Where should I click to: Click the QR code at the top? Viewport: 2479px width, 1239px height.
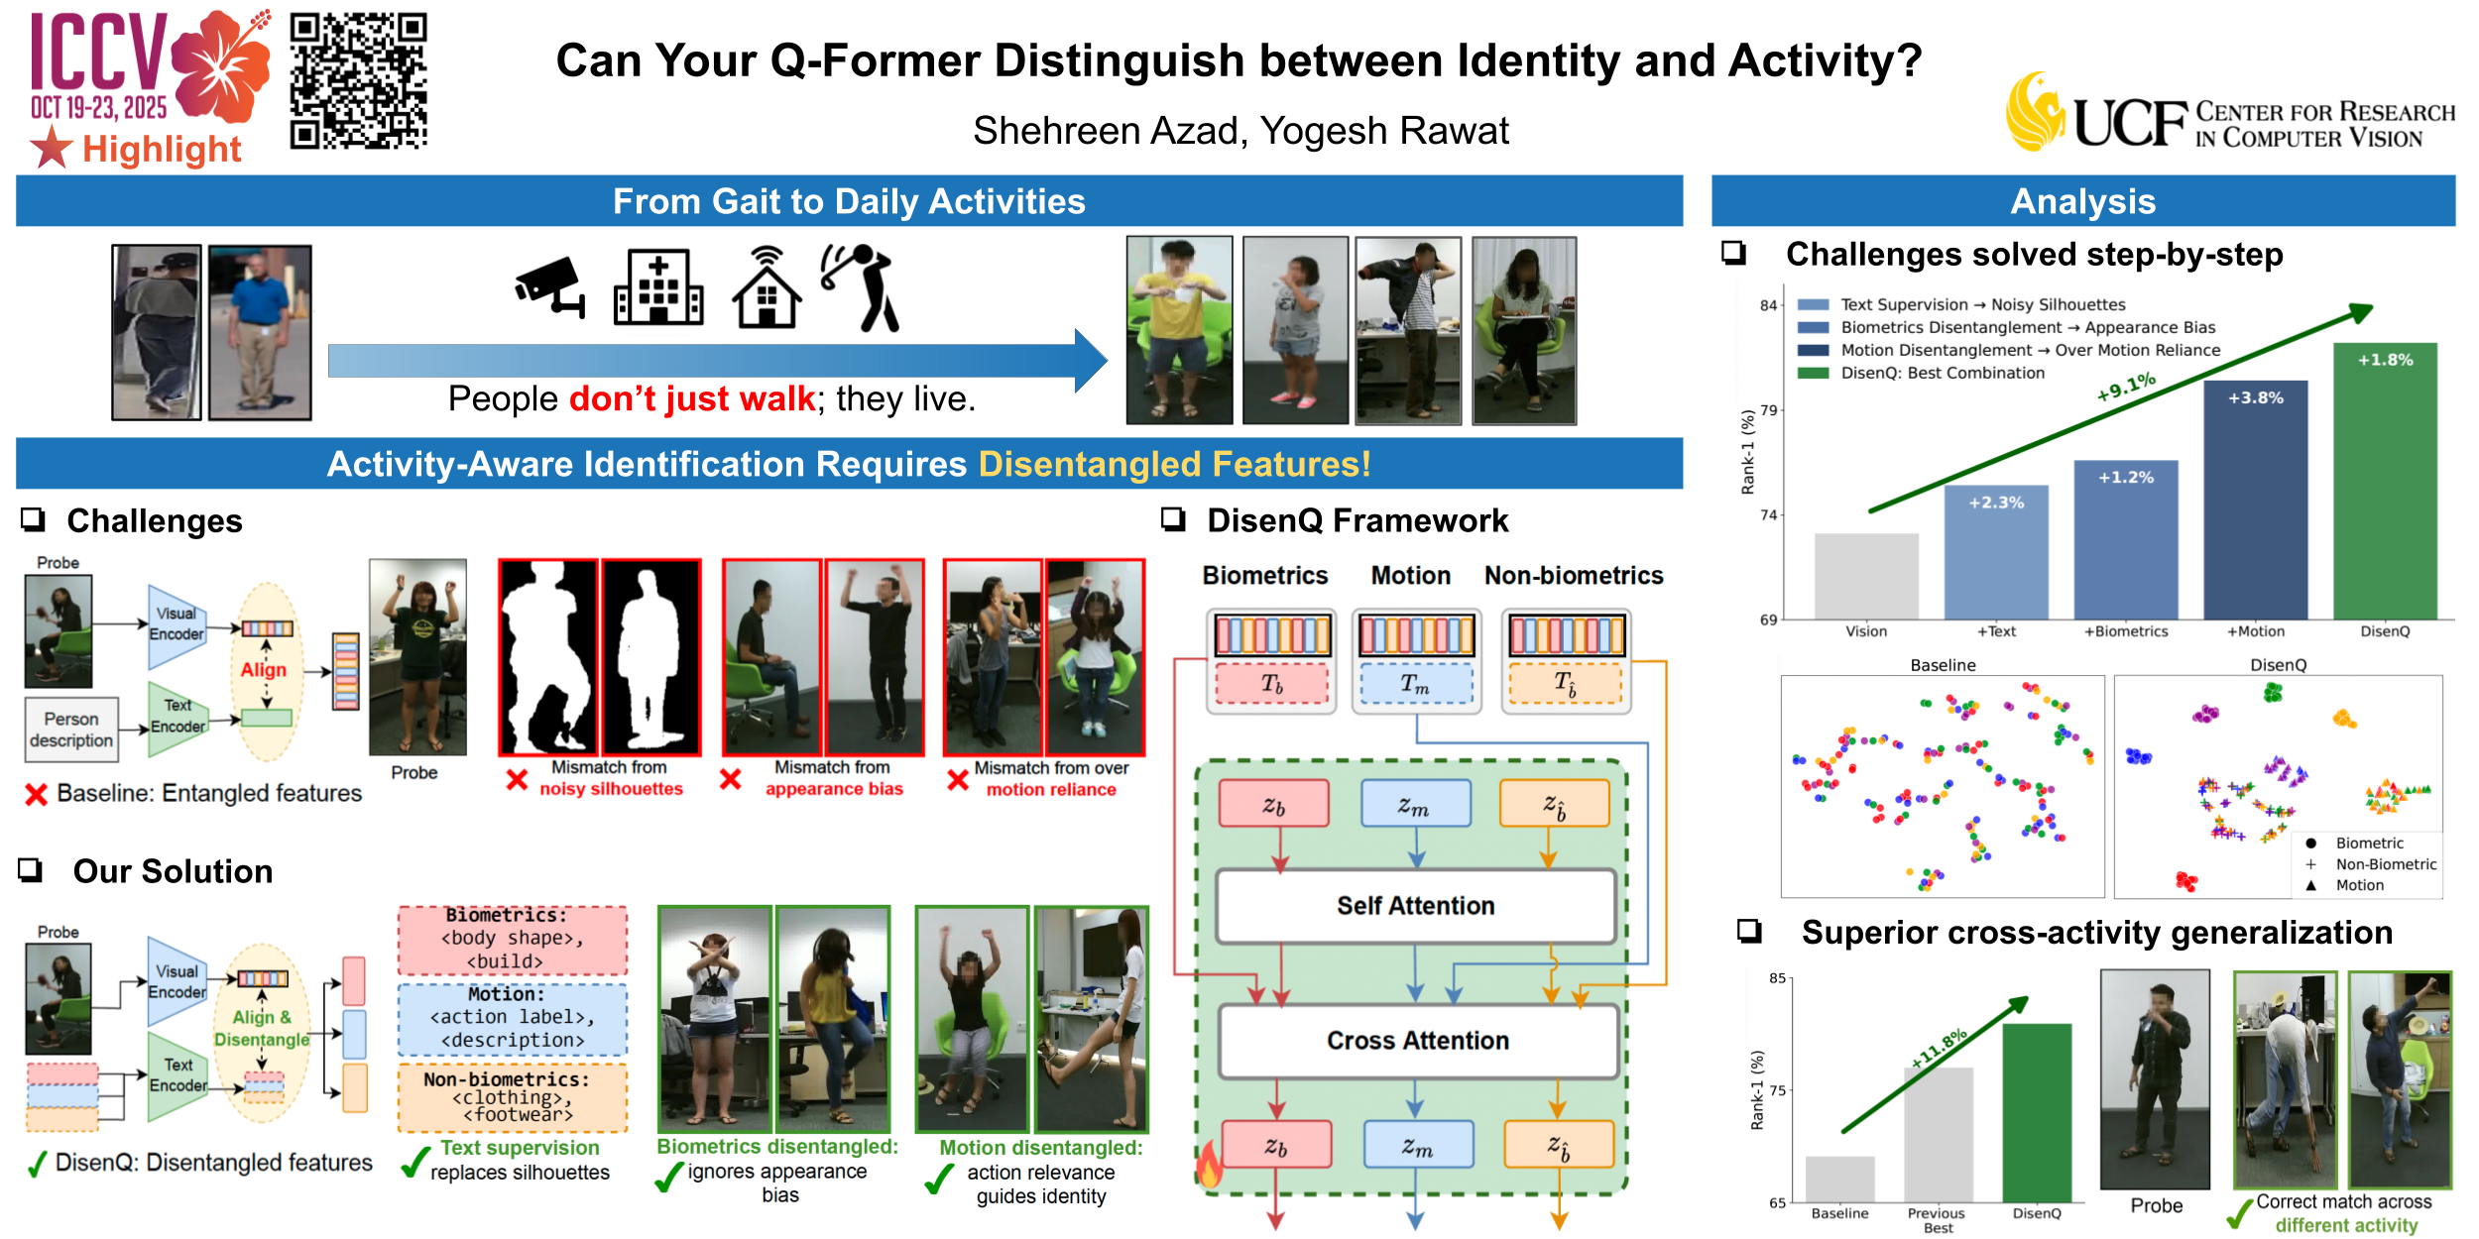click(x=358, y=80)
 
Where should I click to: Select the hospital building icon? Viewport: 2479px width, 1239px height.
click(x=658, y=288)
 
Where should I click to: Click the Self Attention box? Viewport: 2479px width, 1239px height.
click(x=1415, y=906)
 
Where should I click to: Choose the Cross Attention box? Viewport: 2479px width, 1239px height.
click(x=1417, y=1041)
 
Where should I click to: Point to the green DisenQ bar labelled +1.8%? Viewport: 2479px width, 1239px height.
click(x=2384, y=481)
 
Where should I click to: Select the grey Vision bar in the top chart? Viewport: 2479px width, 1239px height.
click(x=1865, y=576)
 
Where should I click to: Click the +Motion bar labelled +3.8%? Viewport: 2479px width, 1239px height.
click(x=2255, y=501)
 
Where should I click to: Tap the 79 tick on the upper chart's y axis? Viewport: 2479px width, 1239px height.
click(x=1768, y=410)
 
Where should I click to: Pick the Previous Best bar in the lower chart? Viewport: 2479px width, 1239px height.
click(x=1938, y=1134)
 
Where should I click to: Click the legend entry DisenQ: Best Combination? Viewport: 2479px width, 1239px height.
click(x=1942, y=374)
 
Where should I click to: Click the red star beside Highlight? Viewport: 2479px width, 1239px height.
click(x=52, y=149)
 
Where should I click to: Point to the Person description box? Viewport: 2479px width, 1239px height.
click(x=71, y=730)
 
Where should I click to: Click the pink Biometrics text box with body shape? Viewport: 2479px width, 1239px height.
click(x=512, y=939)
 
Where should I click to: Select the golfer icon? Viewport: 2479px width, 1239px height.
click(x=860, y=286)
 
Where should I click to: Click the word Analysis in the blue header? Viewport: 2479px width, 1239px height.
click(x=2082, y=201)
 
